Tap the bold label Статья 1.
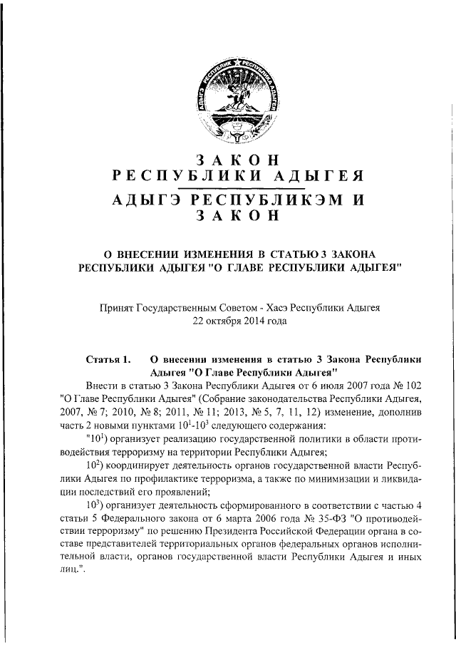click(108, 360)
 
